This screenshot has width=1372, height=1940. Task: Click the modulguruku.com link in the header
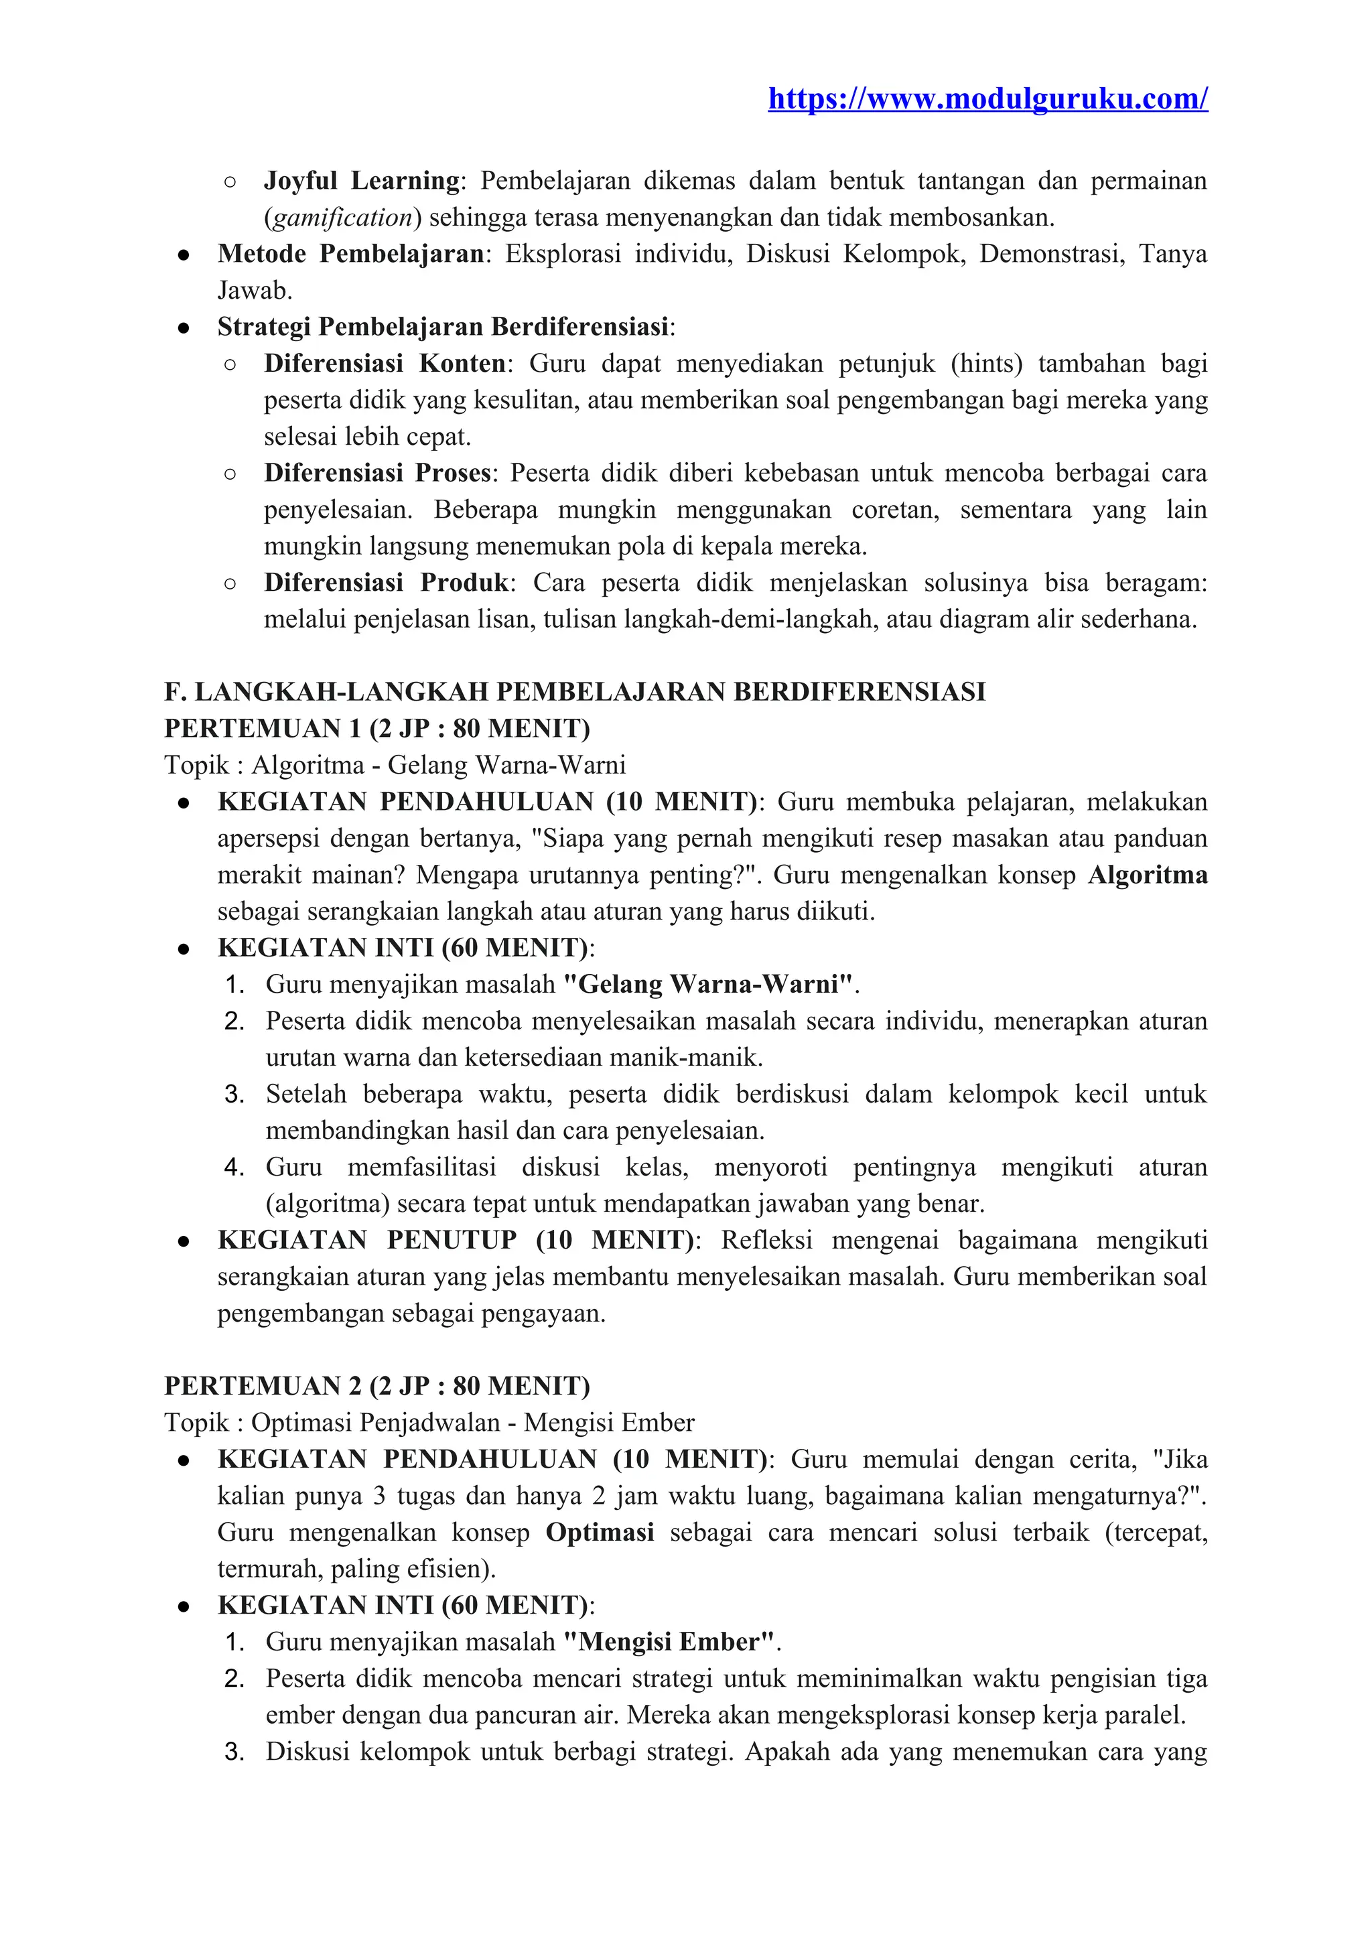(987, 99)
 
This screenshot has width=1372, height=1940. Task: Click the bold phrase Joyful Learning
(362, 181)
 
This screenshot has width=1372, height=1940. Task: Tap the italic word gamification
(342, 218)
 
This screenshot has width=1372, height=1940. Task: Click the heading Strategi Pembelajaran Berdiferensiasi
(443, 327)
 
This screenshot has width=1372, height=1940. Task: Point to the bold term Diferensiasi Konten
(385, 363)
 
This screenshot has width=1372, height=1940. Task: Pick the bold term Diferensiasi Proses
(376, 473)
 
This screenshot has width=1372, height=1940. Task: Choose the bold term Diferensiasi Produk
(386, 583)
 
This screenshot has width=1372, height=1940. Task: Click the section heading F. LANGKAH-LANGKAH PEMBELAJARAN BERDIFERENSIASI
(575, 692)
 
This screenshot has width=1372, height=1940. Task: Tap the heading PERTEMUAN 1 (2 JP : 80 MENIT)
(376, 728)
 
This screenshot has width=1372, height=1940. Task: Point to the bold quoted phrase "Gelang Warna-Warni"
(708, 984)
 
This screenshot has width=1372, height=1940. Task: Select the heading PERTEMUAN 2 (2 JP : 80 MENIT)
(376, 1386)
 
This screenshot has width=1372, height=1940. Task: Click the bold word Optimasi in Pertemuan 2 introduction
(600, 1533)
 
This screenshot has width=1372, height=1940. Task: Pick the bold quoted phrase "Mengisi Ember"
(669, 1642)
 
